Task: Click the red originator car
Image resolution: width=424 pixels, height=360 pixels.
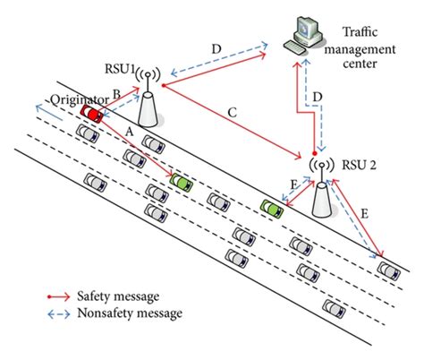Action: coord(89,113)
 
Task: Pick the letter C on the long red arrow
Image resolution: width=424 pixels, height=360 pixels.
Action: coord(232,112)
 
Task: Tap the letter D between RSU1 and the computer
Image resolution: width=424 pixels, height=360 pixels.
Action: coord(214,47)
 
